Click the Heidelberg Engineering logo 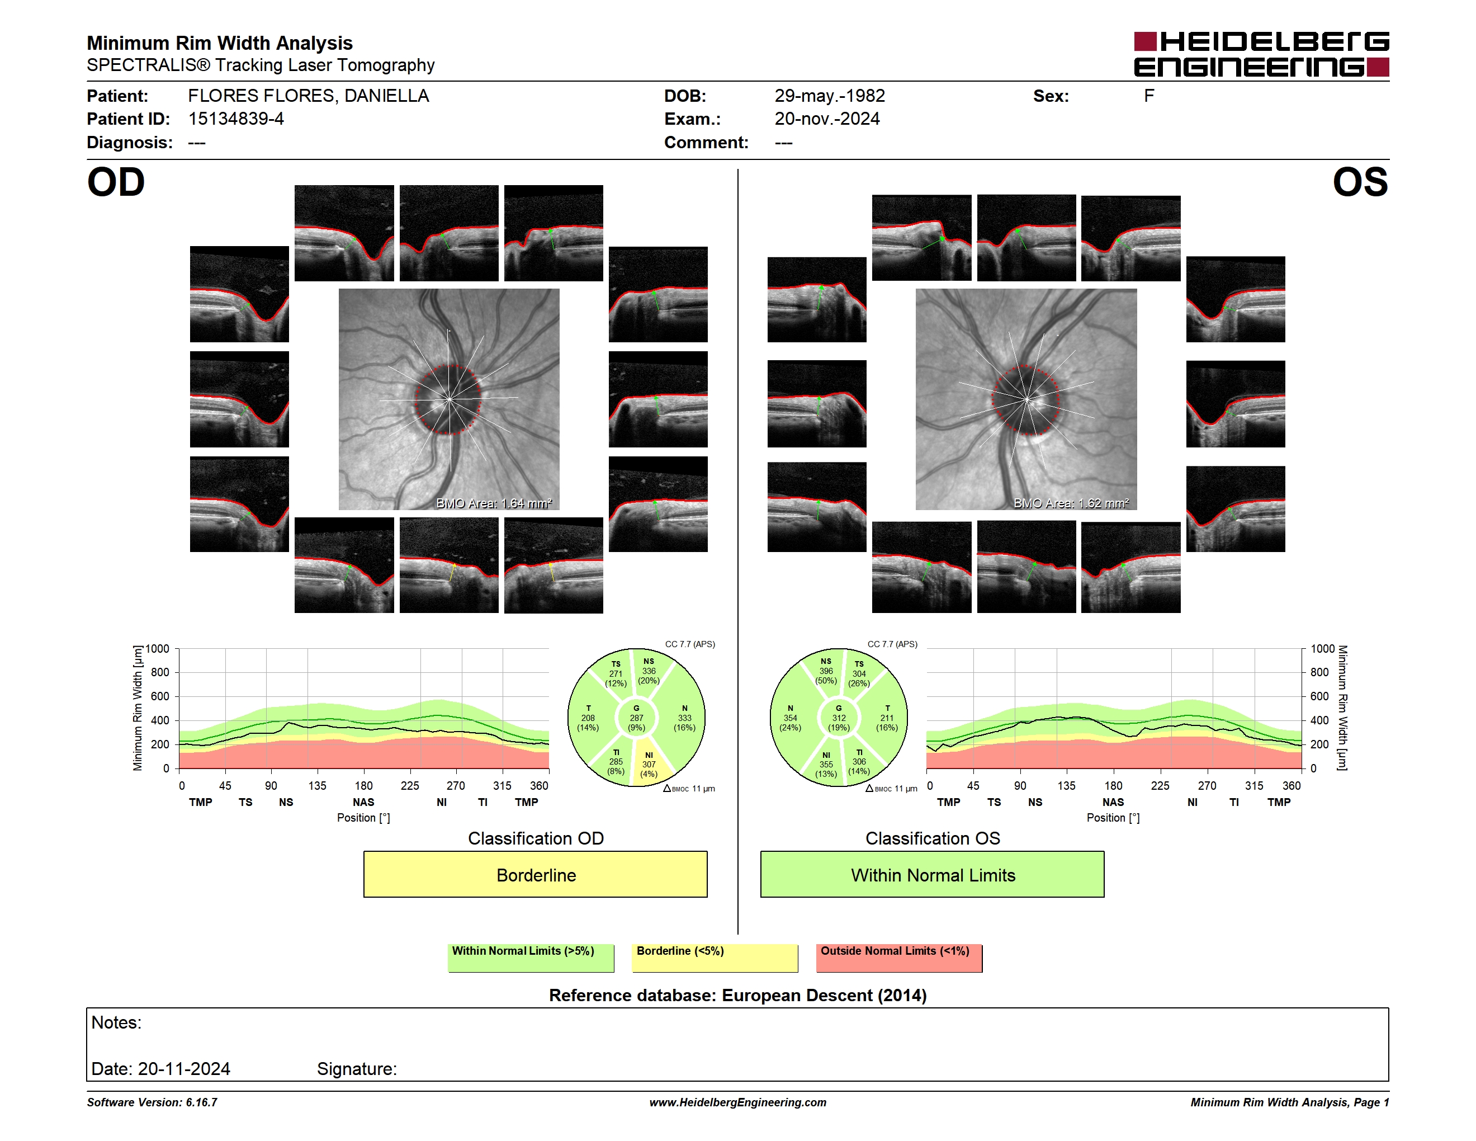pos(1261,54)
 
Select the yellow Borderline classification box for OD pos(535,874)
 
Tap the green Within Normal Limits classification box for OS pos(932,874)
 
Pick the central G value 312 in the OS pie pos(839,718)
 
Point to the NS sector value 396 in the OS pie pos(826,671)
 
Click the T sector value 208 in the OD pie pos(588,718)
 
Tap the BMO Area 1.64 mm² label pos(494,503)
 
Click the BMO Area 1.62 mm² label pos(1071,503)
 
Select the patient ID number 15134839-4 pos(236,119)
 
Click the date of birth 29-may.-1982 pos(829,96)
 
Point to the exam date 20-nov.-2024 pos(826,119)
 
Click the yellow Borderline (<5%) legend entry pos(715,958)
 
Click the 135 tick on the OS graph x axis pos(1066,785)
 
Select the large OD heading pos(116,182)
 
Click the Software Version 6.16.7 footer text pos(152,1102)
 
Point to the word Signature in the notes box pos(357,1069)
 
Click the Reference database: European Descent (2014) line pos(737,995)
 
